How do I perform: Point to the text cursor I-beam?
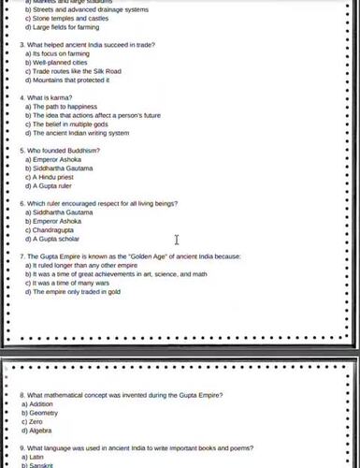tap(176, 241)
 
